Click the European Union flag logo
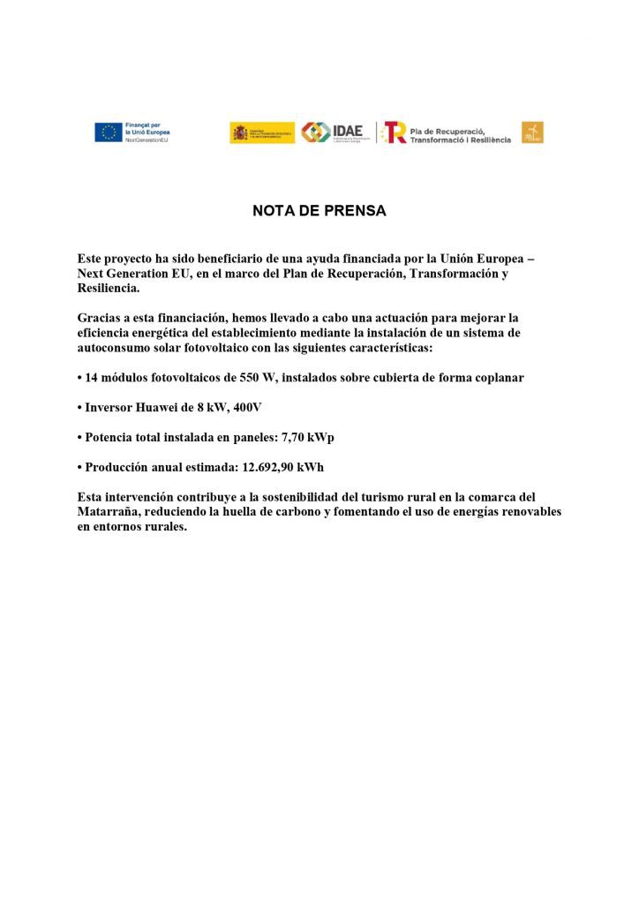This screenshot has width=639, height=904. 109,132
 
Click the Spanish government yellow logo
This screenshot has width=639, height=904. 262,132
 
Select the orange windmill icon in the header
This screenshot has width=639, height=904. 532,132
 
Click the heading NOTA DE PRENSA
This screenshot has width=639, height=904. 319,212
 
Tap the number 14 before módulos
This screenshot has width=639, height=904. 93,378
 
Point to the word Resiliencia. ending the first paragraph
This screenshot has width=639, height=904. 109,288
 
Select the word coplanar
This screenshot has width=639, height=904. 493,378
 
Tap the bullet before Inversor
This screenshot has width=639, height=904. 80,408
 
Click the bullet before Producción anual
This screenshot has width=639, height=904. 80,467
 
